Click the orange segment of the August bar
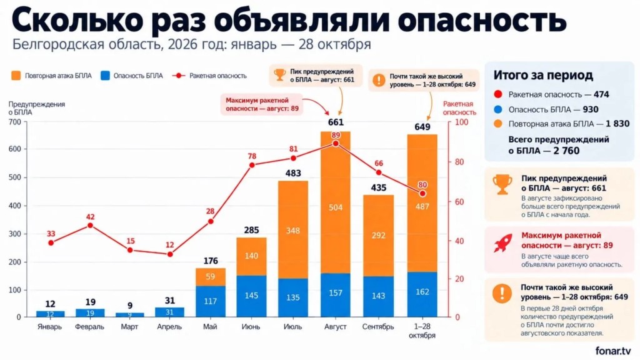[336, 202]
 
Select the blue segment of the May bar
[211, 301]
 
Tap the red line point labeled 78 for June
[252, 165]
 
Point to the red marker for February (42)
[90, 225]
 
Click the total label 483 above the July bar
[293, 173]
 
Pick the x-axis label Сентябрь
[378, 326]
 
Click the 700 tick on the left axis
[14, 122]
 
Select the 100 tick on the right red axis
[462, 122]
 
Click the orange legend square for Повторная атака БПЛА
[16, 76]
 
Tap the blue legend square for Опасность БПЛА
[105, 76]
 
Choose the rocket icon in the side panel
[502, 243]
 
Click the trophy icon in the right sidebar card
[502, 184]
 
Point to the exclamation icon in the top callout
[379, 80]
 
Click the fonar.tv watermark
[613, 350]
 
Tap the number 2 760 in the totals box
[566, 151]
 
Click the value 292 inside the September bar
[378, 235]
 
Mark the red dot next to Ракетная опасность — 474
[498, 94]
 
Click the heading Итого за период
[543, 75]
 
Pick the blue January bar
[50, 314]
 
